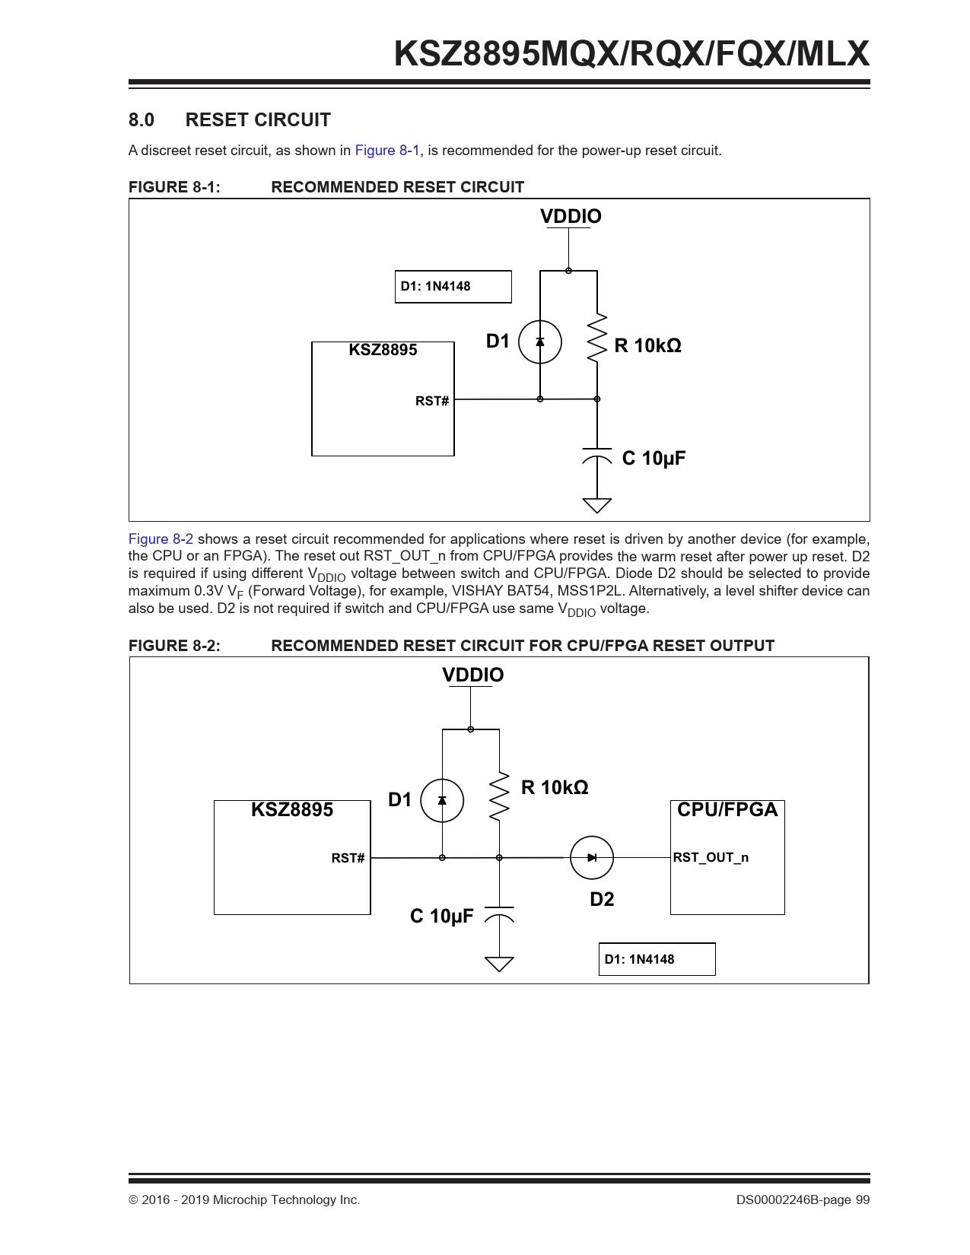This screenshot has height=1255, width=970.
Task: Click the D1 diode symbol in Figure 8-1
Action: click(539, 342)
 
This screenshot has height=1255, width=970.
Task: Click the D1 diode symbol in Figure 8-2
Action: click(442, 800)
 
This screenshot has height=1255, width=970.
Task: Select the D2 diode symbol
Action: click(592, 858)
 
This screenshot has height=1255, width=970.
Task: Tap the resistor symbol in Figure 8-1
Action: click(596, 338)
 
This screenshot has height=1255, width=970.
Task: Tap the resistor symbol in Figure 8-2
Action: click(499, 796)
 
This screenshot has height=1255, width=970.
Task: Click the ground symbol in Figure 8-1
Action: click(596, 505)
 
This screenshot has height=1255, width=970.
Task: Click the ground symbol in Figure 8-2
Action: click(499, 964)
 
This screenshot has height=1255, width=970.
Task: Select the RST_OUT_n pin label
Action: click(711, 858)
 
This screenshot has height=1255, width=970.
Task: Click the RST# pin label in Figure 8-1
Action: click(431, 401)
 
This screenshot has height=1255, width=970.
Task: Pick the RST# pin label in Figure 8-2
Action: click(348, 858)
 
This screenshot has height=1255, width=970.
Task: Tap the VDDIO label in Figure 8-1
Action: click(571, 216)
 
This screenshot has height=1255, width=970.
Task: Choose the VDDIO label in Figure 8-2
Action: click(472, 675)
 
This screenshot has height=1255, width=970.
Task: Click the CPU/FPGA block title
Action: click(727, 810)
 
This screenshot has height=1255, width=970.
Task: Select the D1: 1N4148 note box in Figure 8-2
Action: click(657, 959)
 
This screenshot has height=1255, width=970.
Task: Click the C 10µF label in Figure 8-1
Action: click(654, 459)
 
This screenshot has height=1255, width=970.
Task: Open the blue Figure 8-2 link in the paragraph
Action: click(161, 539)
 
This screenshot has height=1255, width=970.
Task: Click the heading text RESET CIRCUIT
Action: click(258, 119)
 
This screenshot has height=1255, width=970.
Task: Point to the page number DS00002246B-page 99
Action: click(803, 1199)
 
